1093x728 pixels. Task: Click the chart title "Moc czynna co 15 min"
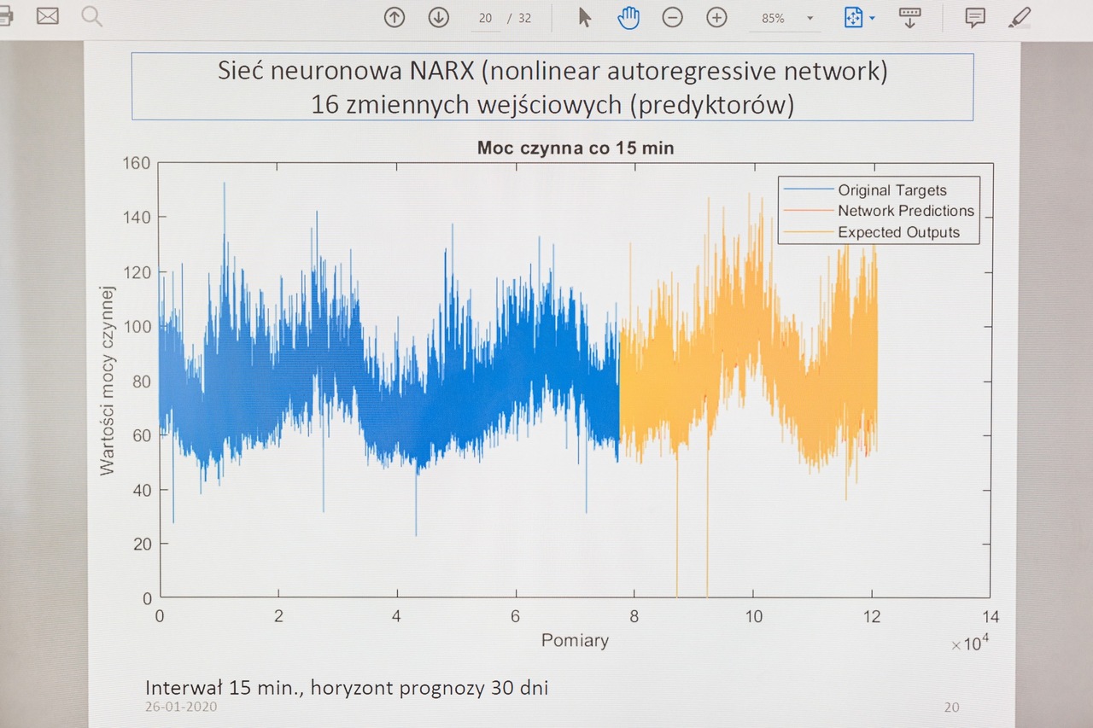575,149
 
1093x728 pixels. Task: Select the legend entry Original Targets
891,190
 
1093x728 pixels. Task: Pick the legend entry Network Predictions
905,211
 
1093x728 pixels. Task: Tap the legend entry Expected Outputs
898,232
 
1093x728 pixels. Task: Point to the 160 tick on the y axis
137,163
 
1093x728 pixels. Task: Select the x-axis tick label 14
990,617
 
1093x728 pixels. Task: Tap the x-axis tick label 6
515,617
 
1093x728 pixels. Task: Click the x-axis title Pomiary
575,640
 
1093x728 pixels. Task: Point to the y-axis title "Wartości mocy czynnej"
108,381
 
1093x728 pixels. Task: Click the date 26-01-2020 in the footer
180,707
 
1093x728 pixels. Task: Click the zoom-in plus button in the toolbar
716,17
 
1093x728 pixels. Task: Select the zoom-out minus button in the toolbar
673,17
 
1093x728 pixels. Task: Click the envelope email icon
47,15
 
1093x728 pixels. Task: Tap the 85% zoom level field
774,18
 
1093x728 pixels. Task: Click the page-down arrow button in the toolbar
438,17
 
